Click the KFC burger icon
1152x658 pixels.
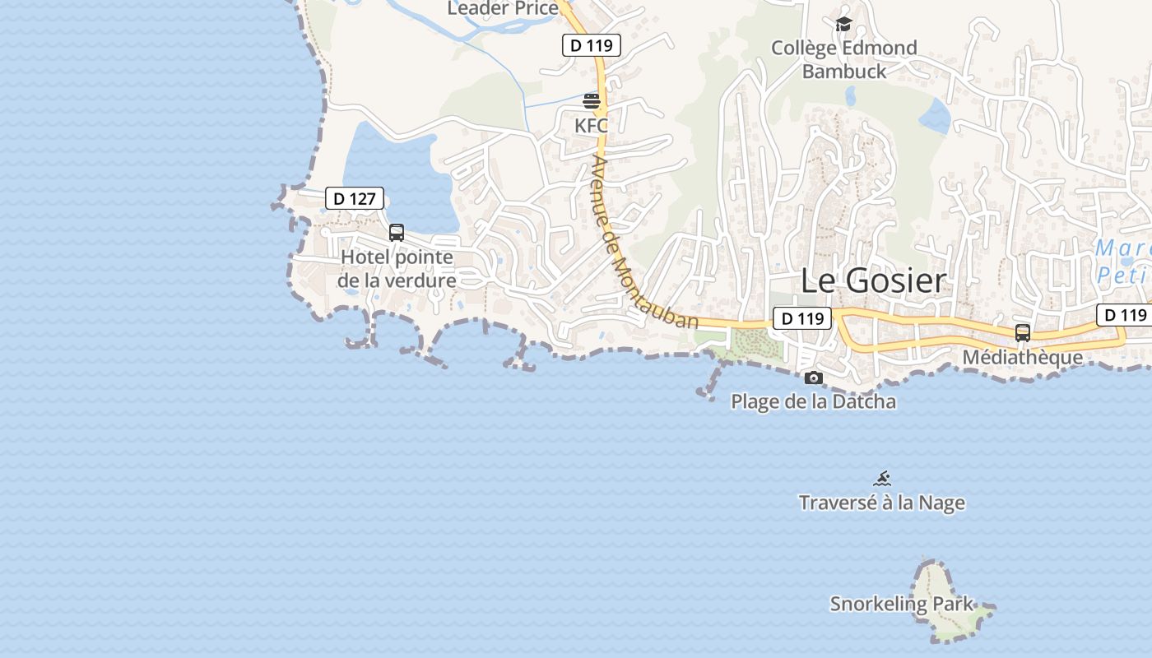click(x=591, y=101)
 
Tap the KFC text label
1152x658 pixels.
click(x=591, y=126)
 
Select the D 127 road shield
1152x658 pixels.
click(x=355, y=198)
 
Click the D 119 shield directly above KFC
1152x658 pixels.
click(x=591, y=45)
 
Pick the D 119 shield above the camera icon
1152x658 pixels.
click(x=802, y=318)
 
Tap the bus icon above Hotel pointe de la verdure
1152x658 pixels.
click(x=397, y=233)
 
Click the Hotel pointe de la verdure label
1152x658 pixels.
click(x=397, y=269)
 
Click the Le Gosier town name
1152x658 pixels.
click(x=873, y=281)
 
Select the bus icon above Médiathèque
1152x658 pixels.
click(x=1023, y=332)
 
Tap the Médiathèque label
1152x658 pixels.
click(x=1023, y=358)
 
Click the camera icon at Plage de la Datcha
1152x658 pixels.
click(x=814, y=378)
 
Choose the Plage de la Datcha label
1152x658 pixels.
click(x=814, y=402)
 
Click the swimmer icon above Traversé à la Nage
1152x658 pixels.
click(x=882, y=478)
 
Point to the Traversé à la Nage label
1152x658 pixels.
click(x=882, y=503)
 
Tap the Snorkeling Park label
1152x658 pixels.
click(x=901, y=604)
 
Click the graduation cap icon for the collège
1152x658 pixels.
click(x=843, y=24)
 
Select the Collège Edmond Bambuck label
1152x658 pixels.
click(x=844, y=59)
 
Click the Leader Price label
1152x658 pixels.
click(x=503, y=8)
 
